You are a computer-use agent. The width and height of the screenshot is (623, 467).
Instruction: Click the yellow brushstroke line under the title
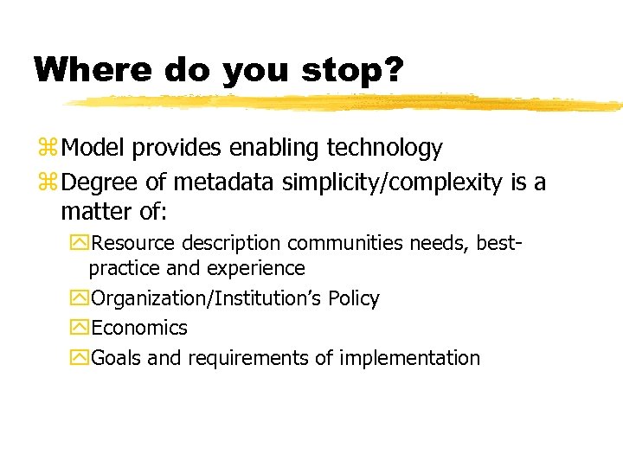[346, 104]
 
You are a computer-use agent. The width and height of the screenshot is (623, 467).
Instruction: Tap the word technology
[384, 149]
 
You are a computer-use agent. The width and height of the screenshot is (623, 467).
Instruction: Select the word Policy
[353, 299]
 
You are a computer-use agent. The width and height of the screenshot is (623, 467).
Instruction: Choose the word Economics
[139, 329]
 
